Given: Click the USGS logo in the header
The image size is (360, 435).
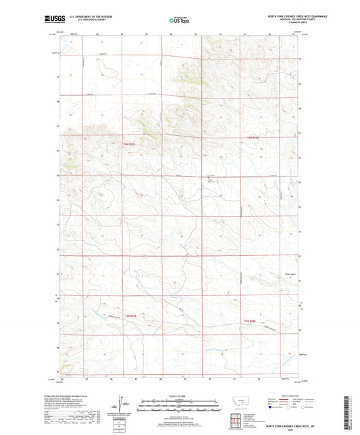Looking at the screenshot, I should [50, 20].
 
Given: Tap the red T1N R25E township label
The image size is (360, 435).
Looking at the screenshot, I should [130, 144].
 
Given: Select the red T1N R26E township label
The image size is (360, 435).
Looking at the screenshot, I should [252, 138].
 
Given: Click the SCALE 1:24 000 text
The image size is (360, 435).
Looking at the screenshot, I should [179, 395].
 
